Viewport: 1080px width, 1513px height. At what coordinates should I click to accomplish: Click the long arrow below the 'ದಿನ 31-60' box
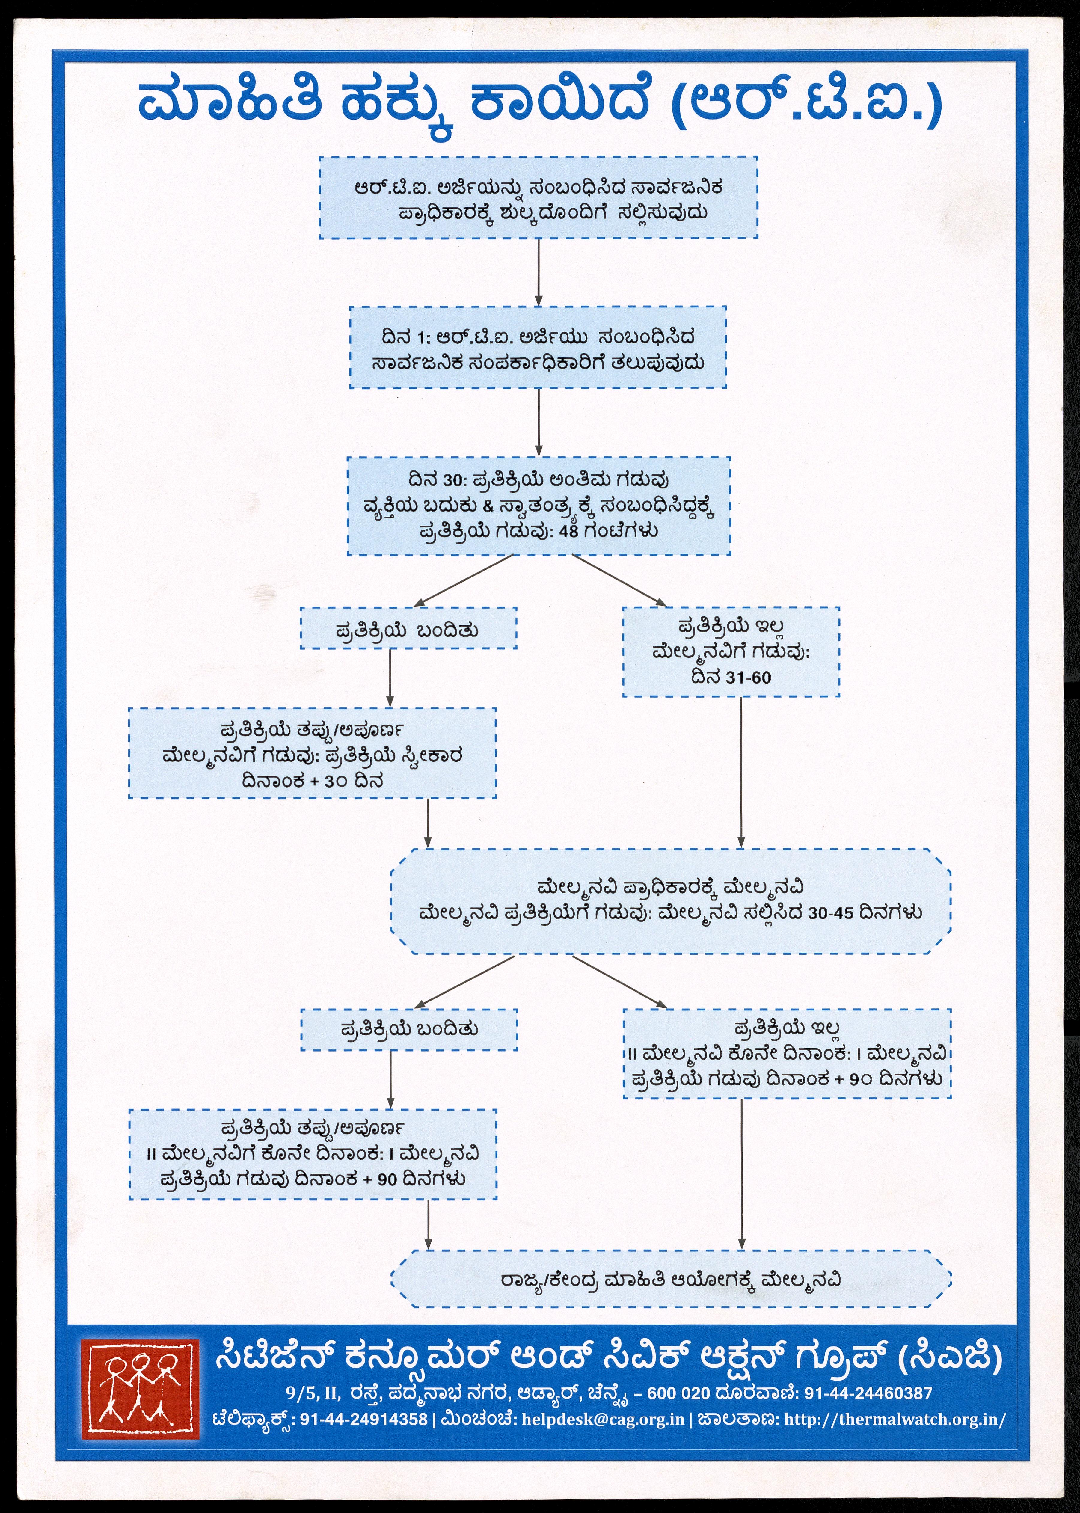[x=741, y=771]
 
